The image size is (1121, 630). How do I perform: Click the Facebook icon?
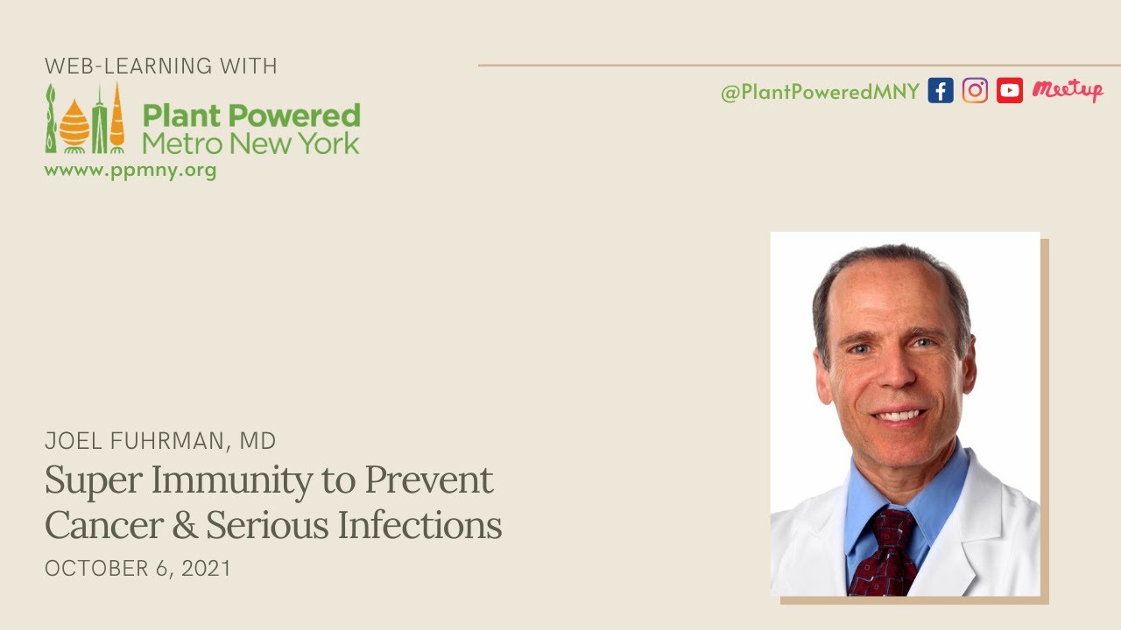(x=940, y=91)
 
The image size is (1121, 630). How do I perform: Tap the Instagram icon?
(x=975, y=91)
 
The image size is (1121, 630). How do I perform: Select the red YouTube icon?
(x=1010, y=91)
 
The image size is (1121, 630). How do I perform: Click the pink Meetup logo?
(x=1067, y=90)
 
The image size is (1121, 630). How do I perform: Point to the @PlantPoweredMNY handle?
(x=820, y=92)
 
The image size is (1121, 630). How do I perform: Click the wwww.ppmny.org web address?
(x=130, y=170)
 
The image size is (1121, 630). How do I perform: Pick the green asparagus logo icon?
(x=52, y=120)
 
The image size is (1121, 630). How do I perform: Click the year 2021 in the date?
(x=208, y=568)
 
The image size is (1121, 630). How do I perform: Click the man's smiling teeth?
(x=899, y=414)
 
